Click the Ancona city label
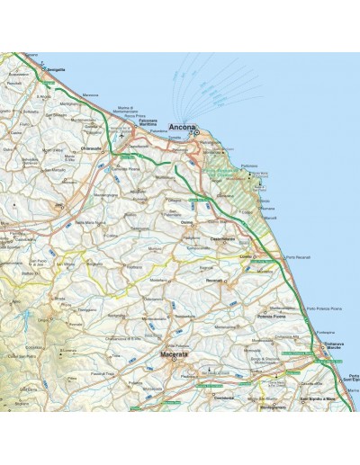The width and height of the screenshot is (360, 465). pyautogui.click(x=181, y=126)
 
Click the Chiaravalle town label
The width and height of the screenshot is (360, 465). pyautogui.click(x=94, y=148)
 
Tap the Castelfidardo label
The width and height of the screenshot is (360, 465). pyautogui.click(x=222, y=238)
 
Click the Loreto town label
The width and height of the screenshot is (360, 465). pyautogui.click(x=246, y=256)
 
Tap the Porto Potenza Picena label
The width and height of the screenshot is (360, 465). pyautogui.click(x=323, y=309)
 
